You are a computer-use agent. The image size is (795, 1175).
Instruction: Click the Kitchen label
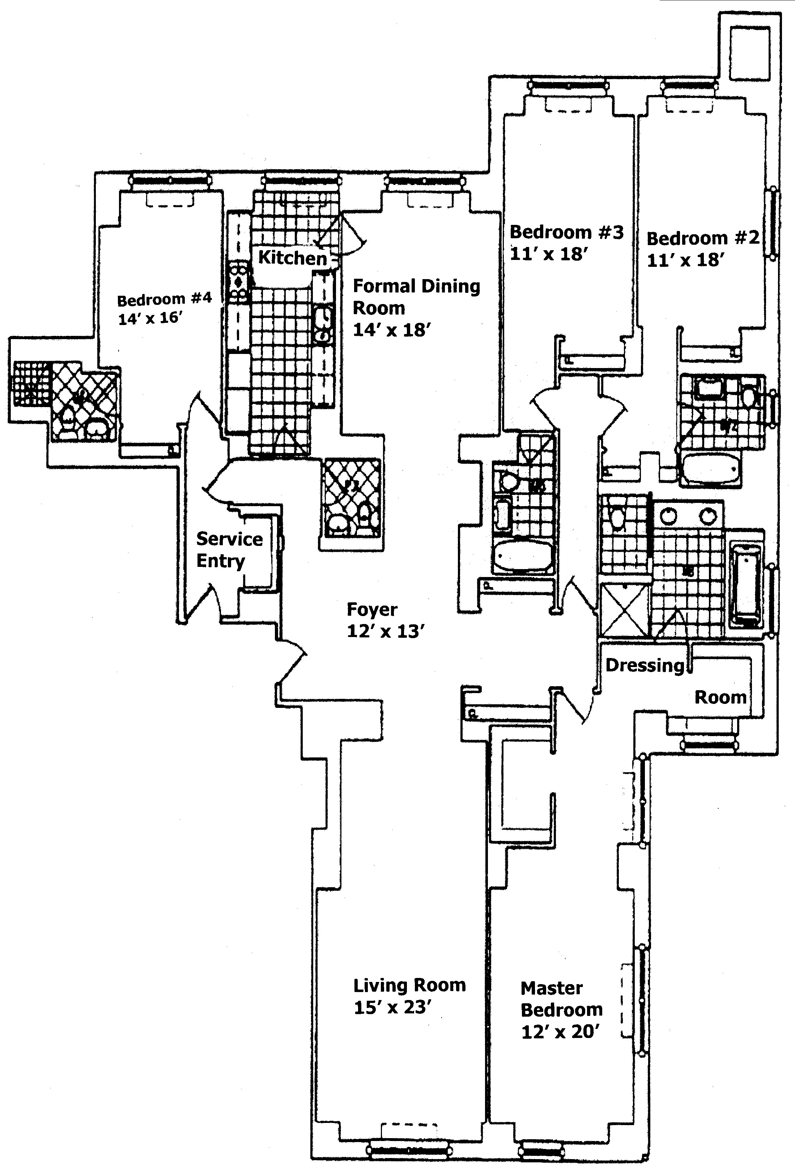point(292,258)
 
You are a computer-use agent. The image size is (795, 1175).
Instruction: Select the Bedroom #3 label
point(566,232)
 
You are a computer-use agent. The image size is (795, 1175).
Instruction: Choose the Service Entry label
point(229,550)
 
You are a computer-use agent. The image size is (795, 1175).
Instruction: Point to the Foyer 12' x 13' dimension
point(385,631)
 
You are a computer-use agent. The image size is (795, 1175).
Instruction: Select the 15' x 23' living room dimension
point(392,1008)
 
